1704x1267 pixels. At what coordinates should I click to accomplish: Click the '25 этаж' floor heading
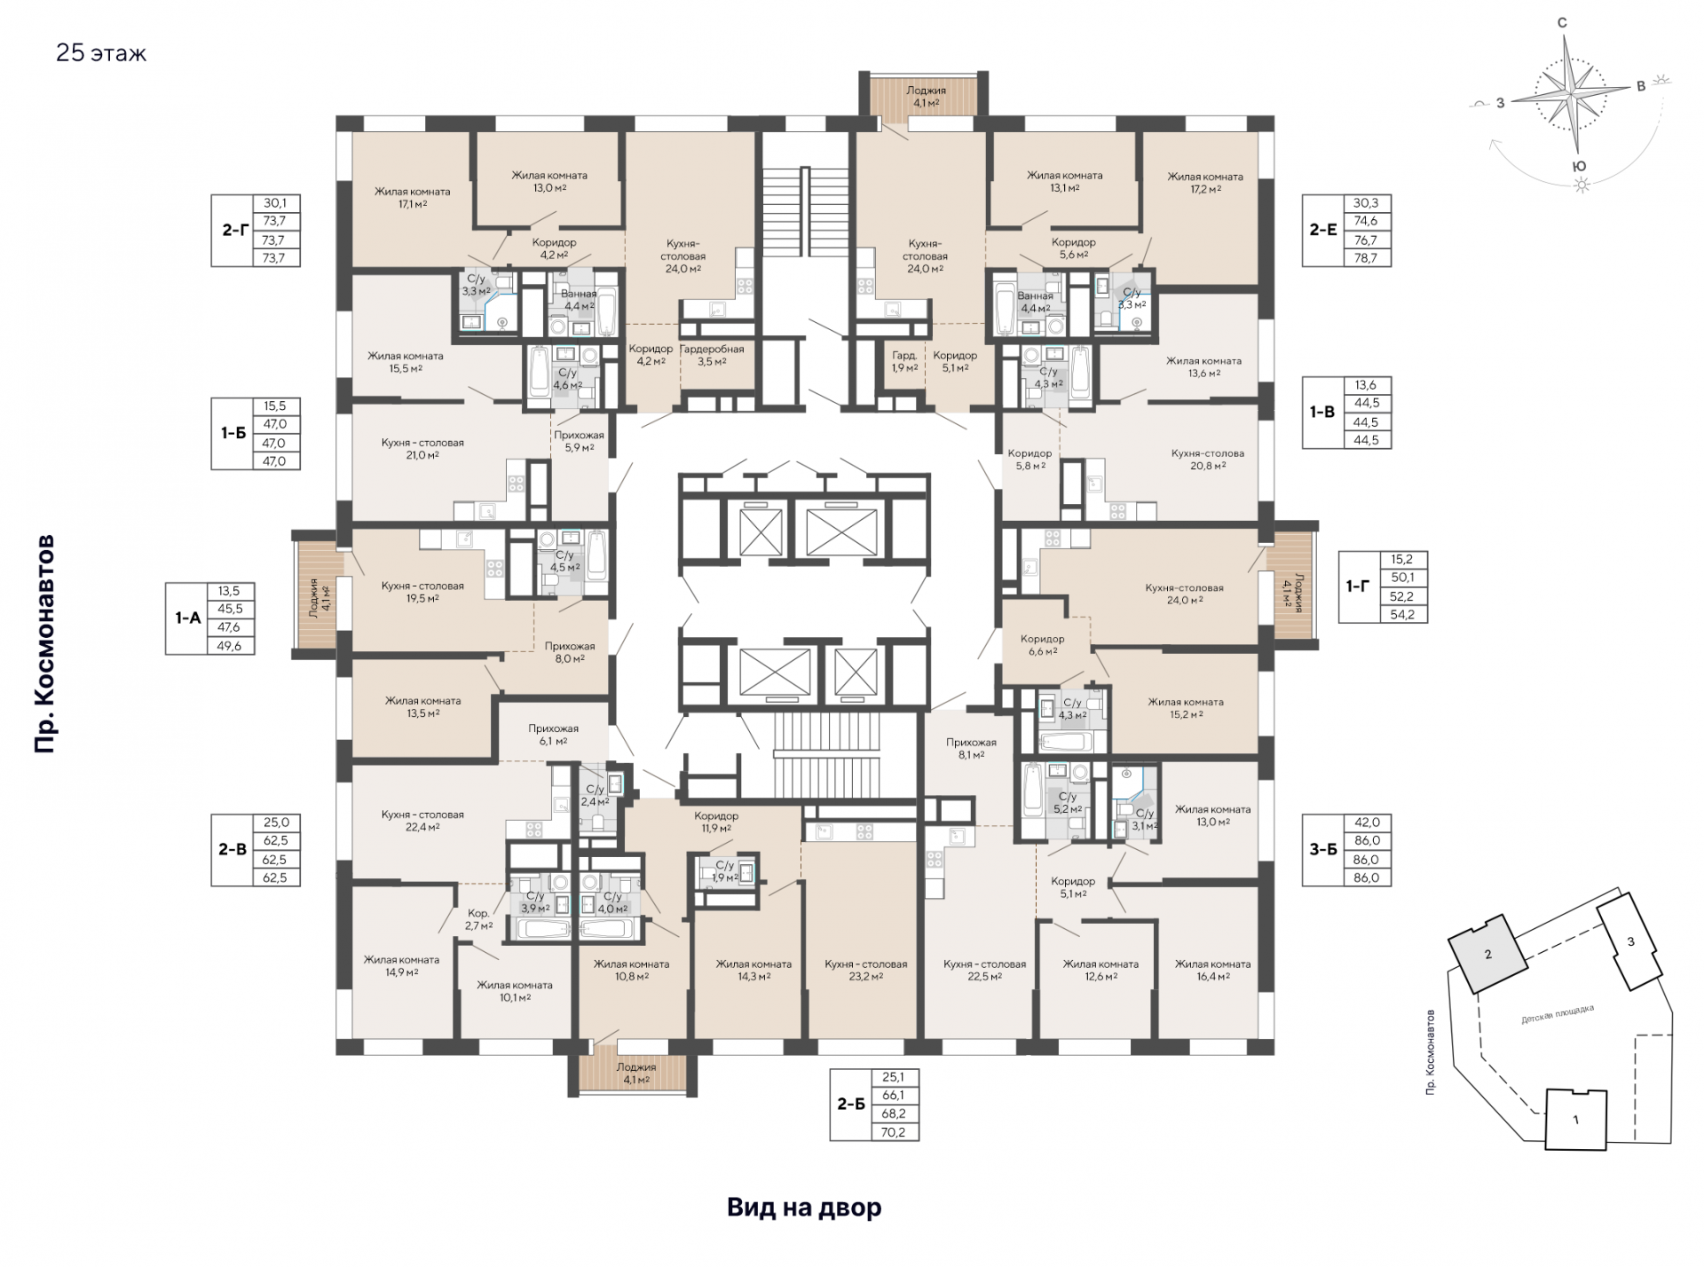point(101,53)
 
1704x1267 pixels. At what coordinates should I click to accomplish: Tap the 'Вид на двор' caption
point(804,1208)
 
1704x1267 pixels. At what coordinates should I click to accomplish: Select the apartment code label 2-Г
point(235,230)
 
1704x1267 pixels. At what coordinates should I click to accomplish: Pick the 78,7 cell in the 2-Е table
point(1366,258)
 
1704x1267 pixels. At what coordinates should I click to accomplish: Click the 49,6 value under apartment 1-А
point(229,646)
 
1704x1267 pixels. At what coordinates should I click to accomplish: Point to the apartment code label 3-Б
point(1323,849)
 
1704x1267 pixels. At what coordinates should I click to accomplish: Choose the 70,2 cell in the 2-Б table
point(894,1132)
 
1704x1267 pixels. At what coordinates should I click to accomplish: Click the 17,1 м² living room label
point(412,198)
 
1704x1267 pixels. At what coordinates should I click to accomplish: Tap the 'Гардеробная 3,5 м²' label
point(712,355)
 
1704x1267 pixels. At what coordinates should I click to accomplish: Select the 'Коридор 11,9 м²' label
point(716,822)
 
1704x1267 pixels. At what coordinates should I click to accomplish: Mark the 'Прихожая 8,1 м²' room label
point(971,748)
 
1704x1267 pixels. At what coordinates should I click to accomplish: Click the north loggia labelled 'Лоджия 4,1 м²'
point(926,96)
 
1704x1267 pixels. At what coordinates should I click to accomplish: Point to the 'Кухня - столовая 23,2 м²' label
point(866,970)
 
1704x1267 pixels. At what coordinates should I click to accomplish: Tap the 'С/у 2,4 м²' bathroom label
point(595,795)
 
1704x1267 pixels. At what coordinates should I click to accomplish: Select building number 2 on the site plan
point(1488,955)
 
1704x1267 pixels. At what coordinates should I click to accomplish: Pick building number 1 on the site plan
point(1575,1120)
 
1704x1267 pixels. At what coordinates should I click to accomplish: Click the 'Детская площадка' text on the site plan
point(1558,1014)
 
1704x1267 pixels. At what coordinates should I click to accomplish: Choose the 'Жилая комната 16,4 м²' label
point(1212,970)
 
